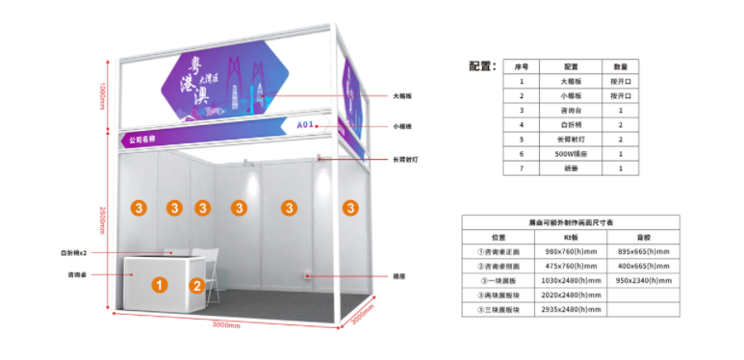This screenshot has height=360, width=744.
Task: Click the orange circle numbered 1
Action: click(161, 284)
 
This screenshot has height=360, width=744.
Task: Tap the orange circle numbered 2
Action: click(195, 285)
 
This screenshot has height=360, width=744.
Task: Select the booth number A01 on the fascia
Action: click(305, 125)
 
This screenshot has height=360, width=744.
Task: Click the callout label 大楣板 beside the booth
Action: click(402, 96)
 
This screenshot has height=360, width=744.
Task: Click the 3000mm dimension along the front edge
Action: click(225, 325)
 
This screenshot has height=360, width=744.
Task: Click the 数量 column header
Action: click(621, 66)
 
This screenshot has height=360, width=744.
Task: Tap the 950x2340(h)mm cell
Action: click(650, 280)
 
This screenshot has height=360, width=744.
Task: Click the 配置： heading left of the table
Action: click(481, 66)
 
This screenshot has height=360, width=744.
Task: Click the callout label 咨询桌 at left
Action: click(79, 274)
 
